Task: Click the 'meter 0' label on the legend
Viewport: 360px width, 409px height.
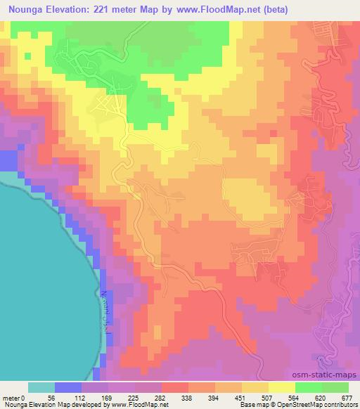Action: click(15, 396)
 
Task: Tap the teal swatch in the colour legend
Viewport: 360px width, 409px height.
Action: click(41, 387)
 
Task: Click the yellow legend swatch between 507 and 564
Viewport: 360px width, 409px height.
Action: click(281, 387)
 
